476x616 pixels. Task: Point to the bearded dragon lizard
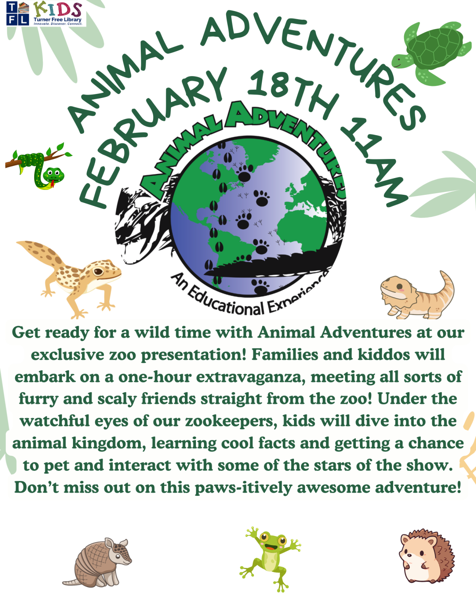[416, 296]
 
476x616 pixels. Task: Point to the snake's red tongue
[51, 183]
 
